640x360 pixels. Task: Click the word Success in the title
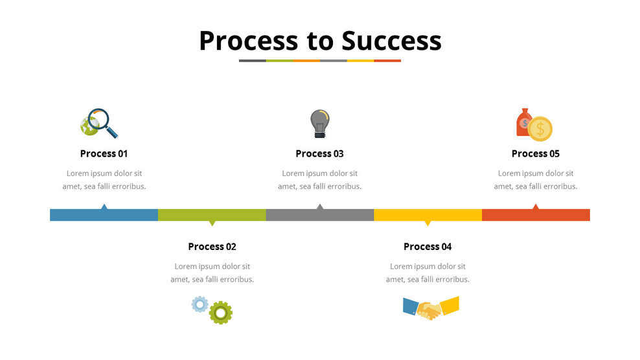pos(391,40)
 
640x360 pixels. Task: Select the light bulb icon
pos(319,122)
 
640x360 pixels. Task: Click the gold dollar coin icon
pos(540,128)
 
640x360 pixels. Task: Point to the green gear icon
pos(221,312)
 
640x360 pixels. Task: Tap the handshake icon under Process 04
pos(430,308)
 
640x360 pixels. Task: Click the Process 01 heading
pos(104,153)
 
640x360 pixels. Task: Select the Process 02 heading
pos(212,247)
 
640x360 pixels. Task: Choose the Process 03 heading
pos(319,153)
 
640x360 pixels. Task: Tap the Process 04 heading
pos(428,247)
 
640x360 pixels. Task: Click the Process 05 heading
pos(535,153)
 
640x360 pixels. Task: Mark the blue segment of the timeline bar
pos(104,215)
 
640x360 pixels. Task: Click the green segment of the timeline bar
pos(212,215)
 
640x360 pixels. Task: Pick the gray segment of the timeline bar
pos(319,215)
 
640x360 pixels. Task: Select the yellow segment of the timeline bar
pos(428,215)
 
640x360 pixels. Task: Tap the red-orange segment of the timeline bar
pos(536,215)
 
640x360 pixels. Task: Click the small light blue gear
pos(200,304)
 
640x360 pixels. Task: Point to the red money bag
pos(523,122)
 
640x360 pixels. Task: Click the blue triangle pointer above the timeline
pos(104,207)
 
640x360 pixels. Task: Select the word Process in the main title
pos(248,40)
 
